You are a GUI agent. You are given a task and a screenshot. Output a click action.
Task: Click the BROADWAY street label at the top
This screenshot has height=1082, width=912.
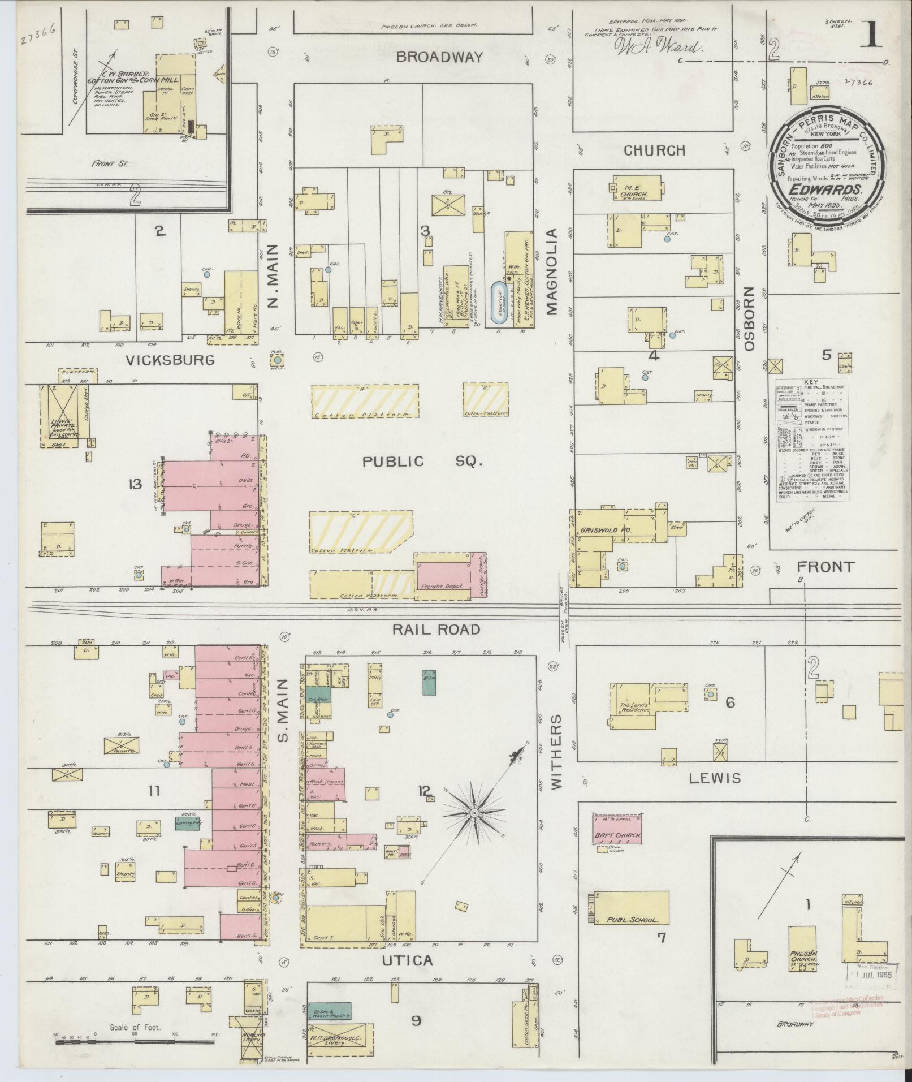[x=439, y=57]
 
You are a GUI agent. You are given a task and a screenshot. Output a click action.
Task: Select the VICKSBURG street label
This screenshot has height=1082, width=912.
[x=170, y=360]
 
